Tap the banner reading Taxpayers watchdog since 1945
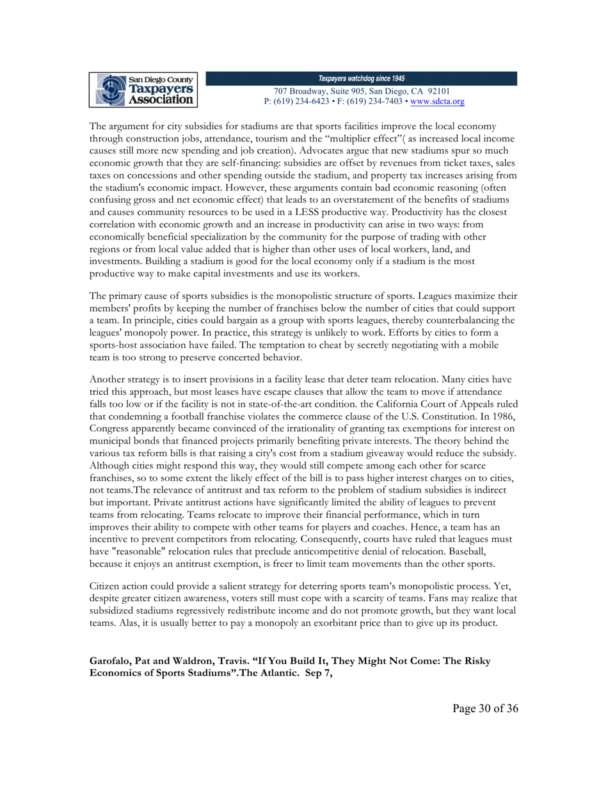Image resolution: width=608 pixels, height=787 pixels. pos(362,78)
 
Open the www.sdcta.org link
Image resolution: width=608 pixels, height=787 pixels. pos(438,101)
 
